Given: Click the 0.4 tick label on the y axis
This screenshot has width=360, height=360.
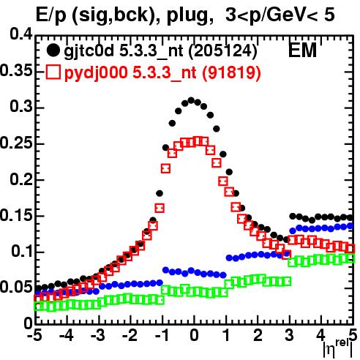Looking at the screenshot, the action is coord(21,34).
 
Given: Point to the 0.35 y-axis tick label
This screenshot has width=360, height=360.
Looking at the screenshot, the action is coord(16,71).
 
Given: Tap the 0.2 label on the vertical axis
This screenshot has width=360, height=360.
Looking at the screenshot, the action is coord(21,179).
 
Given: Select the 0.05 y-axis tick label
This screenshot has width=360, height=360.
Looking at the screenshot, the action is coord(16,288).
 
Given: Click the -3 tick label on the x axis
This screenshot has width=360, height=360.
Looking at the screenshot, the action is coord(98,335).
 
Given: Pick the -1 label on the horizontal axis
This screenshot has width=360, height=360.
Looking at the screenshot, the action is coord(162,335).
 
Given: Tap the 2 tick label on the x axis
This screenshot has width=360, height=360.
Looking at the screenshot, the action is coord(258,335).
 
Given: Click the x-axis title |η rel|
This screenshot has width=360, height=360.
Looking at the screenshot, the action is coord(338,349).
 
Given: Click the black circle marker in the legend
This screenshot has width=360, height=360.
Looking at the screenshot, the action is coord(53,50).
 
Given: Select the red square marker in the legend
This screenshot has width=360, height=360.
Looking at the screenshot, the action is coord(53,72).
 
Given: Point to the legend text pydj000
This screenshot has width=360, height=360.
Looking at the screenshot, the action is coord(96,73).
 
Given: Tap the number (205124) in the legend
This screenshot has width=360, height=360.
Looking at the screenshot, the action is coord(222,51).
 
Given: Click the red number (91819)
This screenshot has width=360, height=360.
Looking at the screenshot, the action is coord(231,72).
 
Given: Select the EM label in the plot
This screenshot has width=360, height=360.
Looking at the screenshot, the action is coord(302,50).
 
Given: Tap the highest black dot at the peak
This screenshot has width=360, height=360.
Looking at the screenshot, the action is coord(191,100).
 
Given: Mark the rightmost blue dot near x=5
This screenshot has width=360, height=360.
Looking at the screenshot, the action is coord(350,226).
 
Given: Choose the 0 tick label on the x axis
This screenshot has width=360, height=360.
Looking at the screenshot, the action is coord(194,335).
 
